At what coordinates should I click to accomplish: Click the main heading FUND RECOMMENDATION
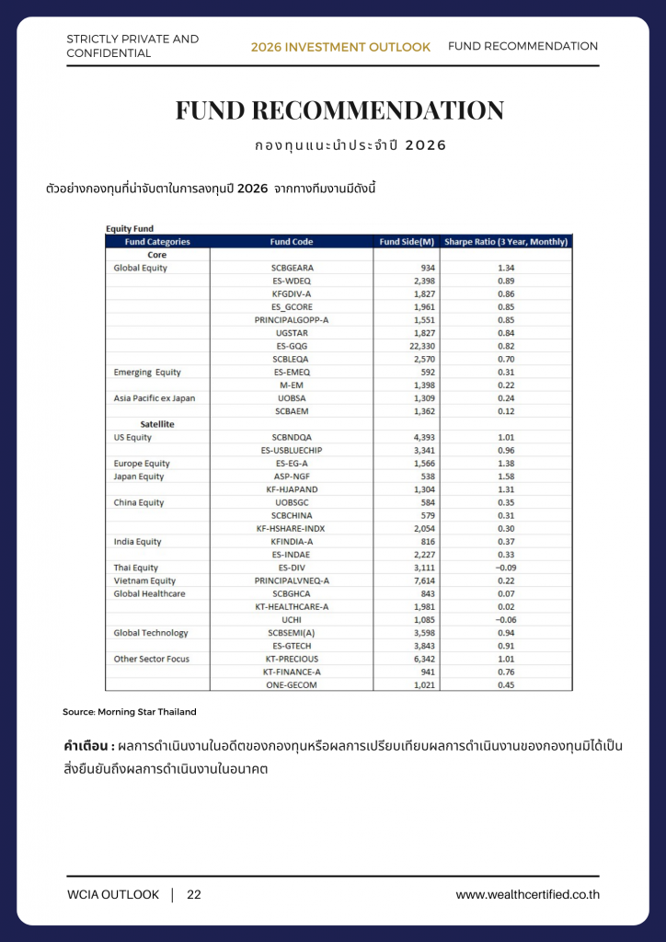339,111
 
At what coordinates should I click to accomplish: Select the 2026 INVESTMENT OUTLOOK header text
340,47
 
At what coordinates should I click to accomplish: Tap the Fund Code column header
292,242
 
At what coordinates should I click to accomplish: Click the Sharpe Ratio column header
506,242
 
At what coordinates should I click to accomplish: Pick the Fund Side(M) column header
407,242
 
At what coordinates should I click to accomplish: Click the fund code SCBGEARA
292,268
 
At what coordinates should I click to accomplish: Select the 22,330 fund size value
419,346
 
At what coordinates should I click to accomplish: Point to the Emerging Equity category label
147,372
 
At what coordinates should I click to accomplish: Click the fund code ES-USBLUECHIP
292,450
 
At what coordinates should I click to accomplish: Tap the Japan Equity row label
139,477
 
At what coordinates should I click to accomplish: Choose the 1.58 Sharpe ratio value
506,477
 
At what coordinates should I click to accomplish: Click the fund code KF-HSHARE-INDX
292,528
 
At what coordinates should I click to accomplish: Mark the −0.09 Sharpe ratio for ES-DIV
506,568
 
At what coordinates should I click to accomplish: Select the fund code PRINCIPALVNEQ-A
292,580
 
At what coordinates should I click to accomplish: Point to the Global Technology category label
151,633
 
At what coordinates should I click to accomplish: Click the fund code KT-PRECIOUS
292,659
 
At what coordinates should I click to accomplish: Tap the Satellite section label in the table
157,424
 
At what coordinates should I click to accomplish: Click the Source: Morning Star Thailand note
130,712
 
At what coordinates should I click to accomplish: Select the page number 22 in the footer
194,894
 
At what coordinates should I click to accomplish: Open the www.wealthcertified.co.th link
527,894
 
